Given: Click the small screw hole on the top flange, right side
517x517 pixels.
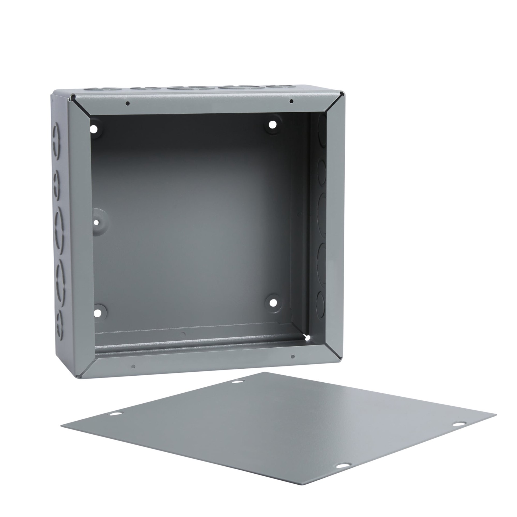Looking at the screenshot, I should coord(291,102).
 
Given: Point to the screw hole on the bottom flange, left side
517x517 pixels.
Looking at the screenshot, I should coord(133,366).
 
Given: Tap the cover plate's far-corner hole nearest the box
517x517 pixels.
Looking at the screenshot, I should coord(237,382).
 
